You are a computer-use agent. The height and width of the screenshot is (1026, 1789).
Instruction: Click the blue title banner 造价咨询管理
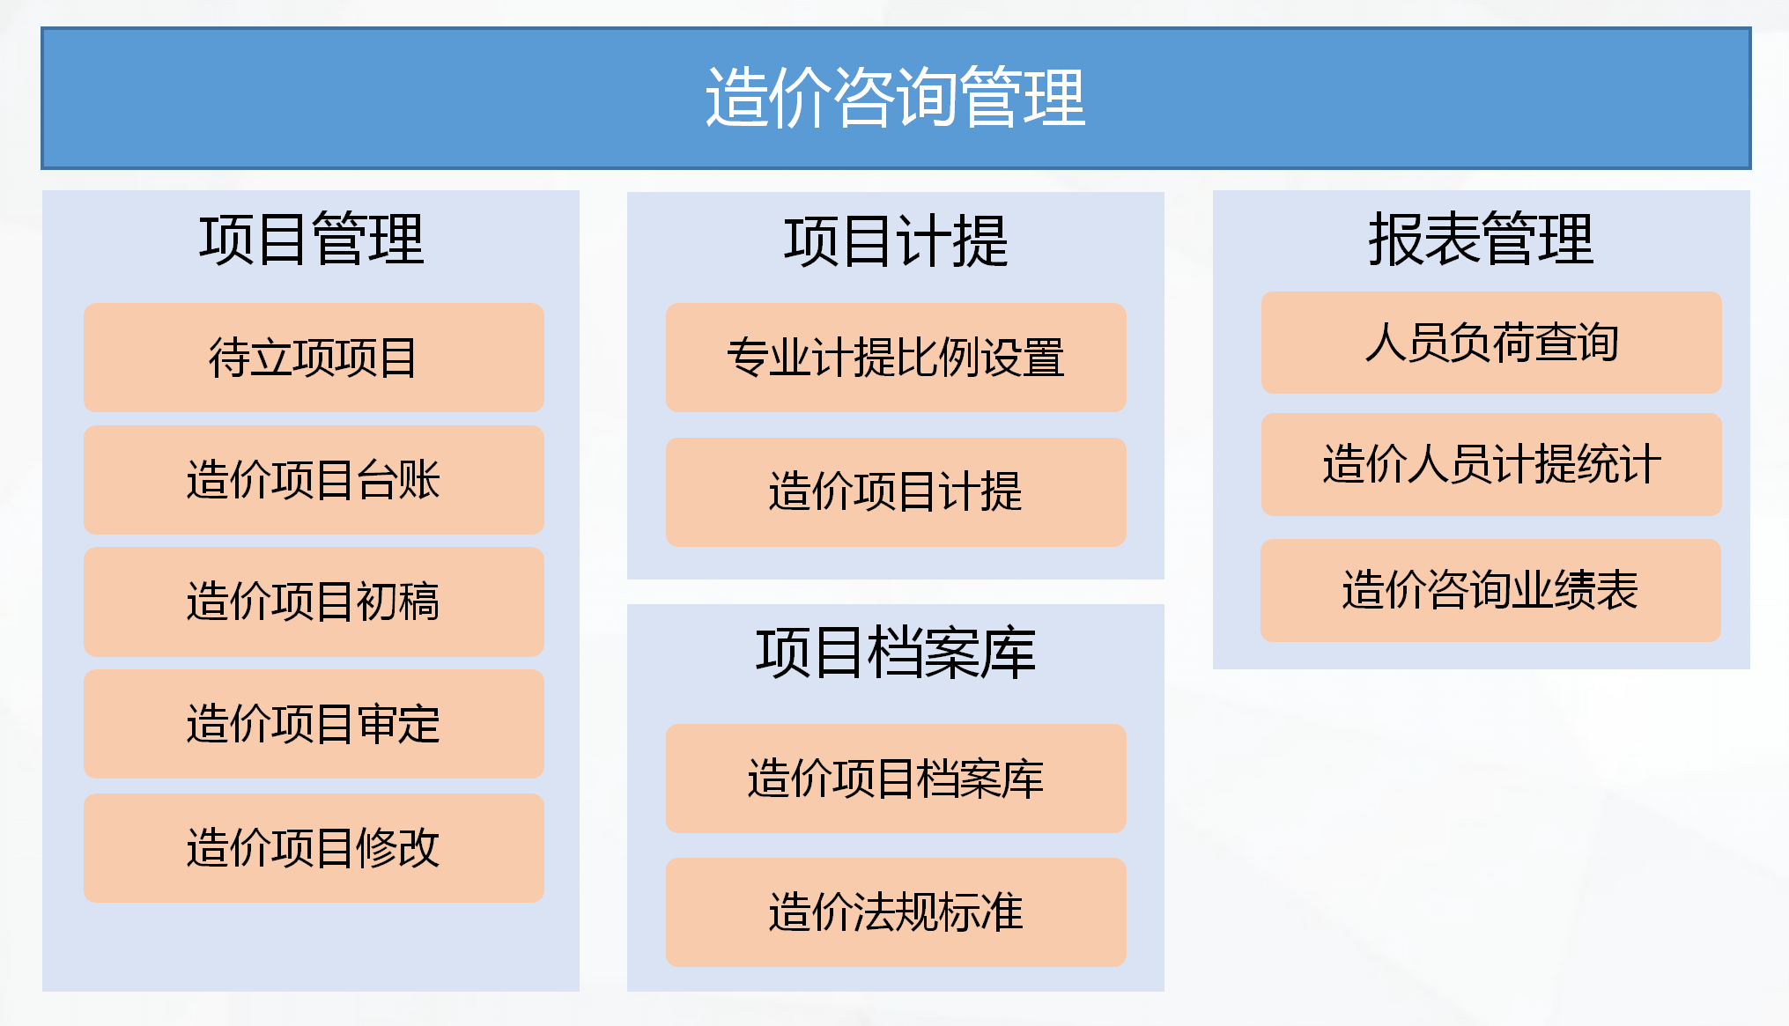click(x=896, y=98)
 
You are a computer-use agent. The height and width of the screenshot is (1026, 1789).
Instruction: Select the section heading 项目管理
click(x=312, y=240)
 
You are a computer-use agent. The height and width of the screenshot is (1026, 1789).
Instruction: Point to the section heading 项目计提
click(x=896, y=241)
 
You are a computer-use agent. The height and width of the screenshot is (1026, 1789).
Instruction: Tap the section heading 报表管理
click(x=1481, y=240)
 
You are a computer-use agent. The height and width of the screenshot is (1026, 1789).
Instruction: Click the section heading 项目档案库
click(x=896, y=653)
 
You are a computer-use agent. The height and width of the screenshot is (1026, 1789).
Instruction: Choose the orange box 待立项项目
click(x=314, y=358)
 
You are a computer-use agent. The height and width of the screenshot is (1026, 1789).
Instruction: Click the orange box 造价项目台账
click(x=314, y=480)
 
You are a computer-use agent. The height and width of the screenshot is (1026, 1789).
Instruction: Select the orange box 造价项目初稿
click(x=314, y=602)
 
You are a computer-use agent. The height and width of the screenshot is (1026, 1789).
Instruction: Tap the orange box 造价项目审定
click(x=314, y=724)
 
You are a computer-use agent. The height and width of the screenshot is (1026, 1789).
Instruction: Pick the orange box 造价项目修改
click(x=314, y=848)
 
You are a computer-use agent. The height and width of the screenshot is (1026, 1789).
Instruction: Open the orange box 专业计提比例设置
click(x=896, y=358)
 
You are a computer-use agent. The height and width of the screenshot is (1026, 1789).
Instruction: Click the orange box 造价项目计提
click(x=896, y=492)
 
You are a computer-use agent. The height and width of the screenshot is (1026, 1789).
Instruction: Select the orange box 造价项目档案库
click(x=896, y=779)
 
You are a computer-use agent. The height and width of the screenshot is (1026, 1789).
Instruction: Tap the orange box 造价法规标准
click(x=896, y=912)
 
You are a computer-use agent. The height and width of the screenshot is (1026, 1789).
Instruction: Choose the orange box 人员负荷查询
click(x=1491, y=343)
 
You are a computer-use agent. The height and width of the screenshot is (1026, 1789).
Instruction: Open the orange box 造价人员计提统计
click(x=1491, y=464)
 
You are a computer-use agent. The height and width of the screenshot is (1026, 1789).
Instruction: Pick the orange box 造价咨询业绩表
click(x=1490, y=590)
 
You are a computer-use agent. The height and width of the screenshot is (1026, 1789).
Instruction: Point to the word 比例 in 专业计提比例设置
click(x=938, y=358)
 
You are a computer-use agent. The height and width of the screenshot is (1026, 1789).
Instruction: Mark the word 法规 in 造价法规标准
click(x=896, y=912)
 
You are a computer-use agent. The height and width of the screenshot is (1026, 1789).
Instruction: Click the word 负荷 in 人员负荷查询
click(x=1491, y=343)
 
